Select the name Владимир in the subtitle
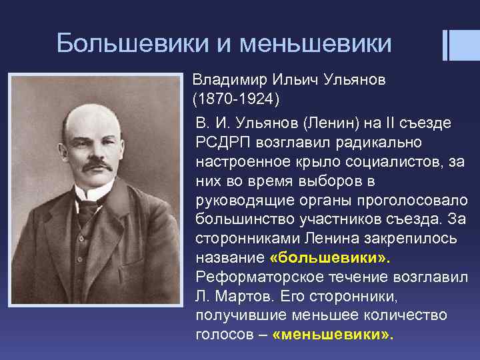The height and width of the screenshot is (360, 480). point(230,81)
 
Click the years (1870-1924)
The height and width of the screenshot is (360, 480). point(237,100)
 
